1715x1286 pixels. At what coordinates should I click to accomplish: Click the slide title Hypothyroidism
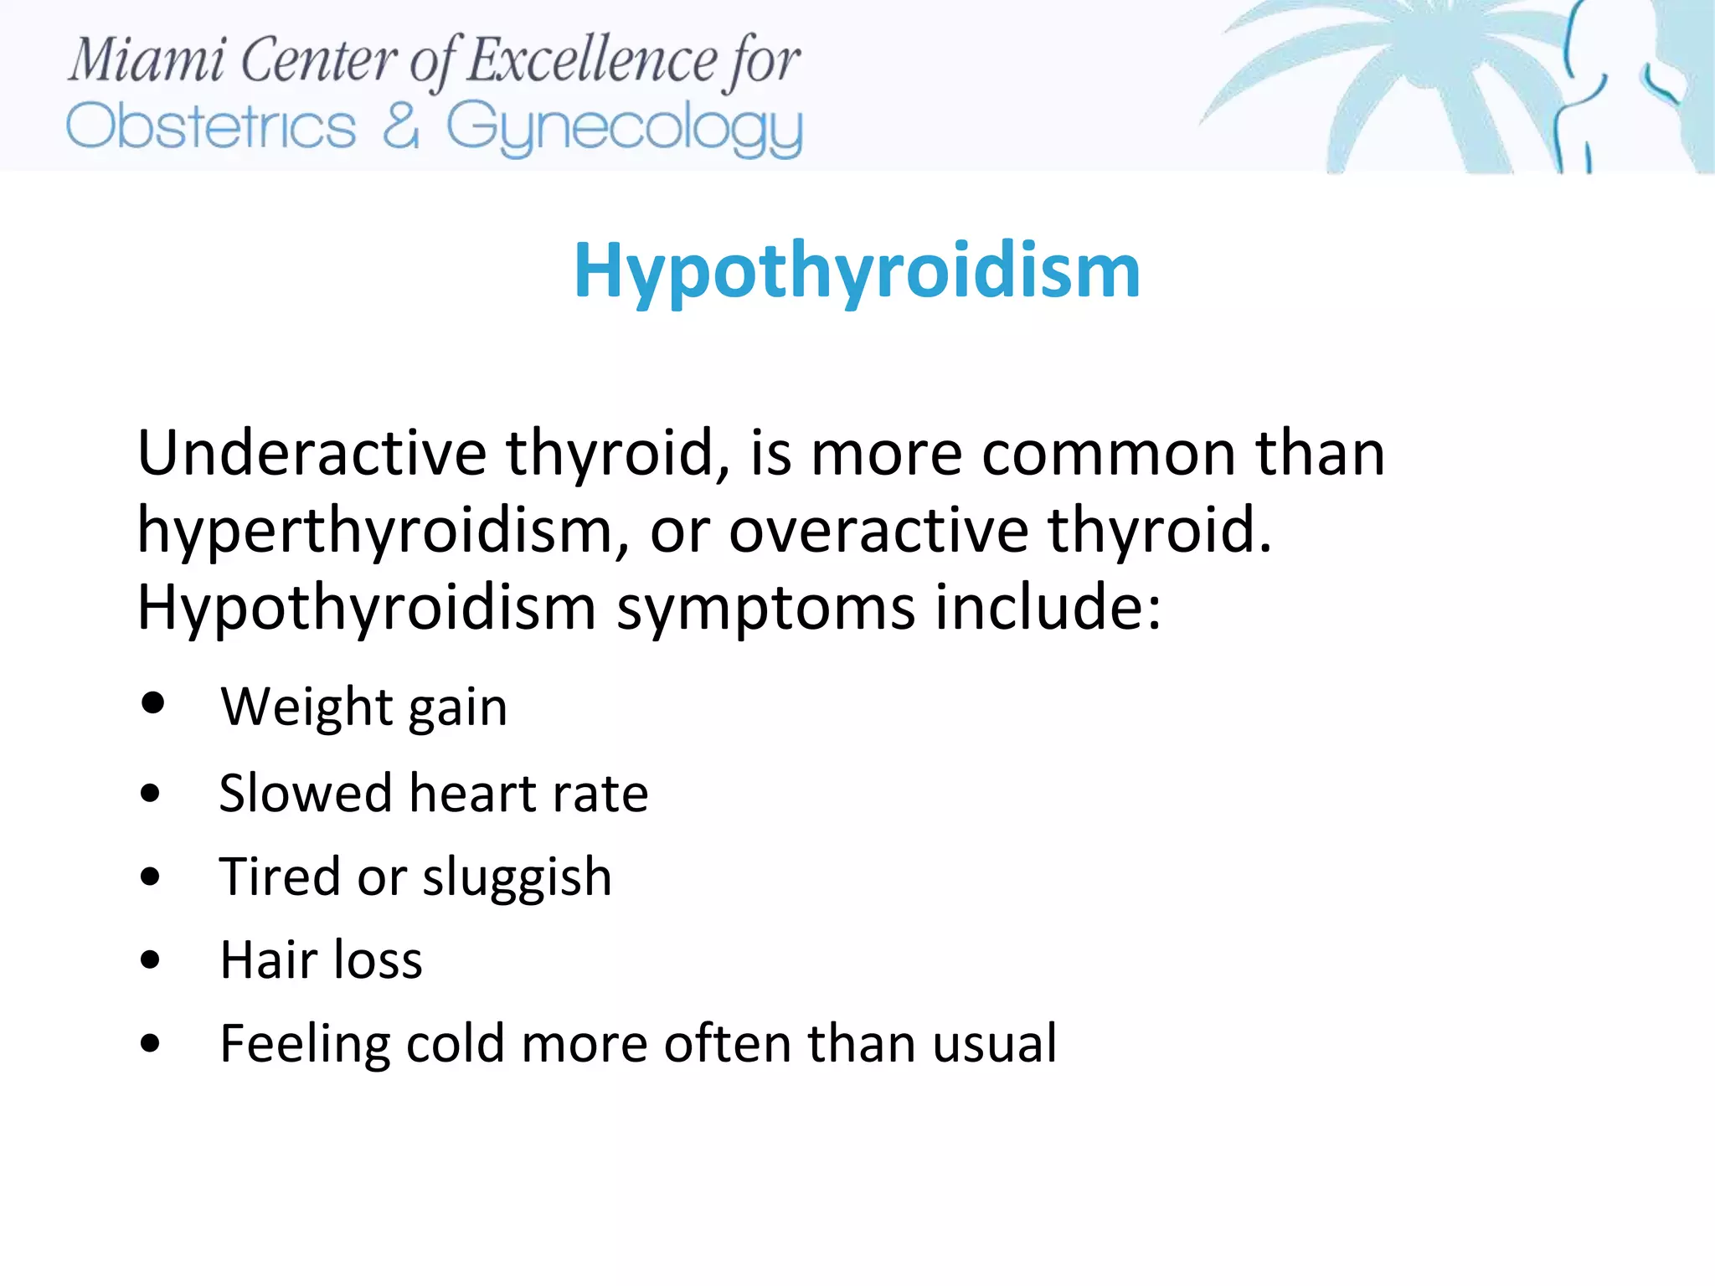(857, 271)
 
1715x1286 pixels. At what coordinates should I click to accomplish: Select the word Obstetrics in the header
(211, 128)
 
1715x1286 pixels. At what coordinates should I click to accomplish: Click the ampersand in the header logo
(400, 126)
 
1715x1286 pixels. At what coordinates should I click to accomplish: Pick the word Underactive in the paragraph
(312, 453)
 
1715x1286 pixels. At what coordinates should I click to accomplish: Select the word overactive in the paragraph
(878, 531)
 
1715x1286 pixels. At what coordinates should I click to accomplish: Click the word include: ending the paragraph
(1048, 606)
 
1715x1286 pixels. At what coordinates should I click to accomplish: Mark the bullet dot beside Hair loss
(151, 960)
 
